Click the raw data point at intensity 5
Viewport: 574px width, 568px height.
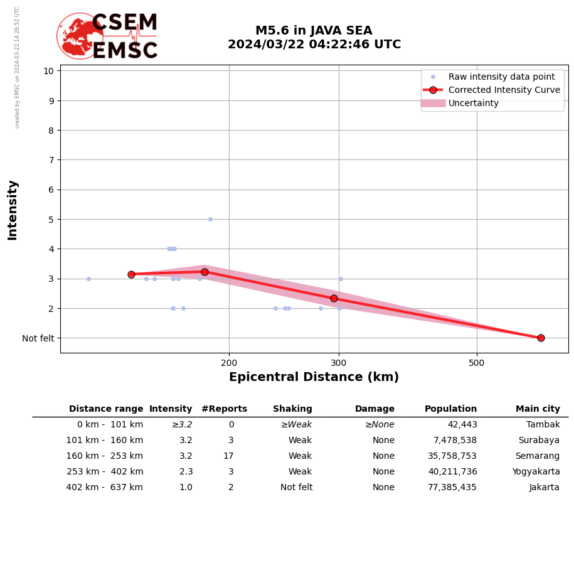click(210, 219)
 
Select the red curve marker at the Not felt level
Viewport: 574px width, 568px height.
click(541, 338)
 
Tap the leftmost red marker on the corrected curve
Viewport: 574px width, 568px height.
click(131, 274)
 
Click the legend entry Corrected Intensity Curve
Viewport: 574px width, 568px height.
click(504, 90)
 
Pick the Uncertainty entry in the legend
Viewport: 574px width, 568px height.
click(473, 103)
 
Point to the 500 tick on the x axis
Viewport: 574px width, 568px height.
click(477, 362)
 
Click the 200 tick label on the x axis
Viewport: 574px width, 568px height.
click(229, 362)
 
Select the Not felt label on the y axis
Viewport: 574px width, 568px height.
click(38, 338)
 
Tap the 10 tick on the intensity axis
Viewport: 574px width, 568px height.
click(48, 70)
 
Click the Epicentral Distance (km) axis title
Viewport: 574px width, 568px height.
click(314, 377)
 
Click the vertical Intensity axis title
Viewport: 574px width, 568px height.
click(13, 210)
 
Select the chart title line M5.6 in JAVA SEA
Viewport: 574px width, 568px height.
click(314, 31)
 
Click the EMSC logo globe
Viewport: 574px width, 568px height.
click(79, 36)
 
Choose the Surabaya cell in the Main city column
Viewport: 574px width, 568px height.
click(538, 441)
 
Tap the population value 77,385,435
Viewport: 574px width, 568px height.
click(452, 488)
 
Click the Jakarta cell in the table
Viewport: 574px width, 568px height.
click(544, 488)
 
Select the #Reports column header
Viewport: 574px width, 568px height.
click(224, 409)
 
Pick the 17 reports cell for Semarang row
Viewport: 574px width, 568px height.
click(228, 456)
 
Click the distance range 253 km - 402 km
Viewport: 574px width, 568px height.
click(105, 472)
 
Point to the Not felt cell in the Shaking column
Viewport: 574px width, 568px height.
click(296, 488)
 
